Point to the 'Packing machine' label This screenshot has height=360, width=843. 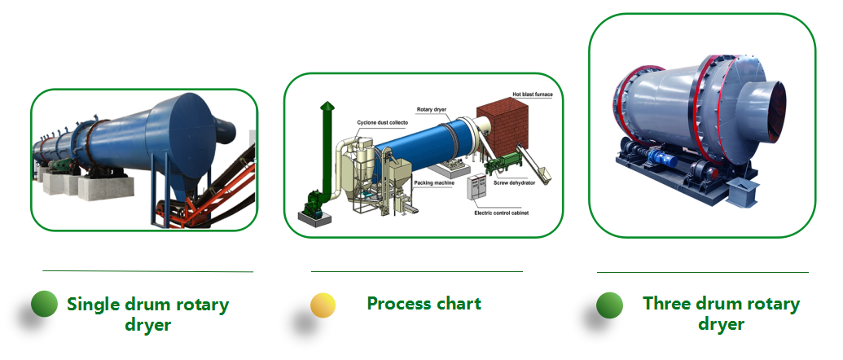pyautogui.click(x=433, y=184)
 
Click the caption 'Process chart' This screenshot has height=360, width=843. pyautogui.click(x=424, y=304)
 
